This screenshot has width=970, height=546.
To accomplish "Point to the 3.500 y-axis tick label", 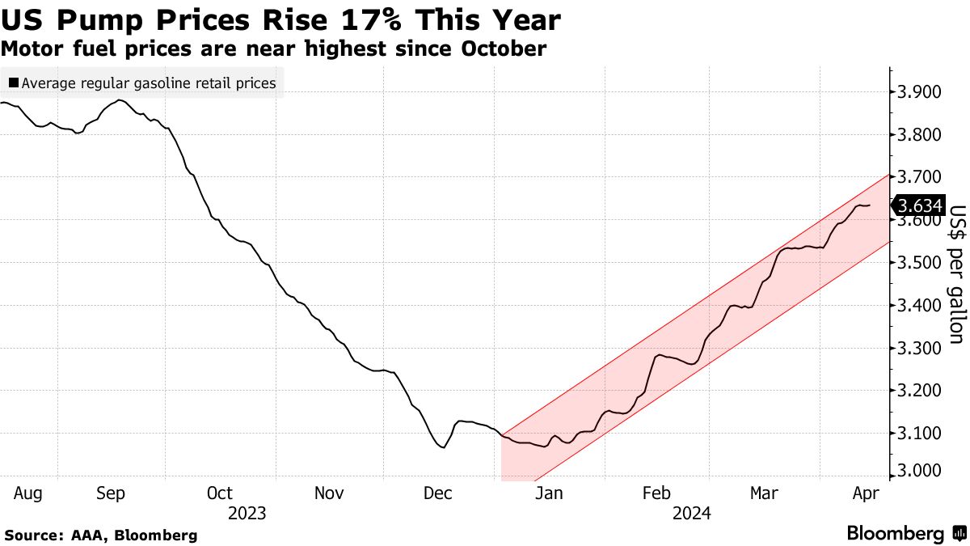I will click(919, 263).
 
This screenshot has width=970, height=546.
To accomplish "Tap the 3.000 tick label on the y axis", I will click(919, 472).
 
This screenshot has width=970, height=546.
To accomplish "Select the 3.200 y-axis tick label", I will click(919, 391).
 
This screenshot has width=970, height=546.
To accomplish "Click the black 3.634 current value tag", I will click(920, 205).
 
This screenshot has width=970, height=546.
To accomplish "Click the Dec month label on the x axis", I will click(436, 493).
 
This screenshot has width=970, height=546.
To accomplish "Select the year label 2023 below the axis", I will click(247, 513).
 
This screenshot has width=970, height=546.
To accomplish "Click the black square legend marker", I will click(13, 83).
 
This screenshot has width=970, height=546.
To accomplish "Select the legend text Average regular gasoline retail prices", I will click(149, 83).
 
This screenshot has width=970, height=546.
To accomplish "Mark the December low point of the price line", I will click(442, 447).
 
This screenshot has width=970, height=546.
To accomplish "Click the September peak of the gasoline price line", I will click(120, 100).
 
